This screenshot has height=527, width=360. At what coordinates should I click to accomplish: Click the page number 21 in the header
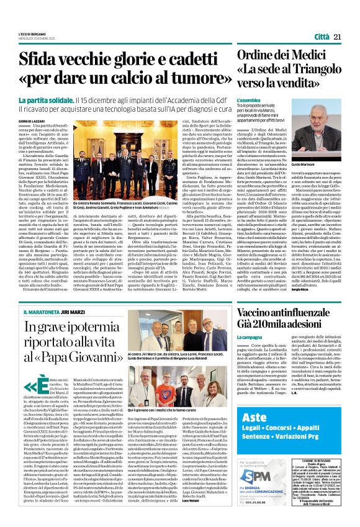click(x=338, y=37)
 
